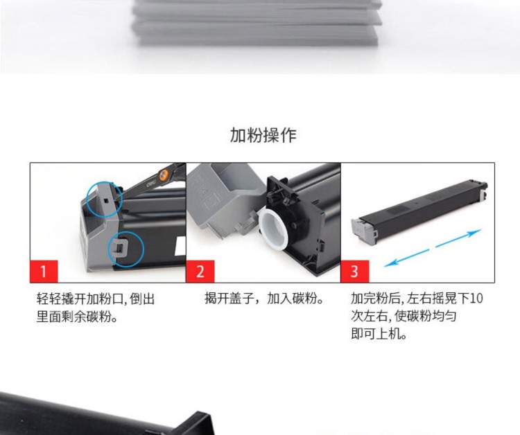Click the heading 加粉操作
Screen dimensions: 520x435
(263, 135)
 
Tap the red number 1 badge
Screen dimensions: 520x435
(44, 272)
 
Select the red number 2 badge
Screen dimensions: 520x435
(200, 272)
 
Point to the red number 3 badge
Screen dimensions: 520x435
(355, 272)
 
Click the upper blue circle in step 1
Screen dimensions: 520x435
(87, 199)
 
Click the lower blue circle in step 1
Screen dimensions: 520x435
(109, 249)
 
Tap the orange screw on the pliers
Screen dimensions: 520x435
(163, 175)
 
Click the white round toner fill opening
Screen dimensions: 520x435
(272, 229)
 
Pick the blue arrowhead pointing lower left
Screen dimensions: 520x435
(390, 263)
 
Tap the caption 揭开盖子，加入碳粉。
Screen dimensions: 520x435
(264, 299)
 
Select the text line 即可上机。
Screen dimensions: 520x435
(379, 334)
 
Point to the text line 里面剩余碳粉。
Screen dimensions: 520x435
(77, 317)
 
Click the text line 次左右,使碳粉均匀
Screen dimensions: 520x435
(404, 316)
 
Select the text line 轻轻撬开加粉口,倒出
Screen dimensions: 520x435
(96, 299)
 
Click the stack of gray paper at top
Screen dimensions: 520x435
(257, 21)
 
